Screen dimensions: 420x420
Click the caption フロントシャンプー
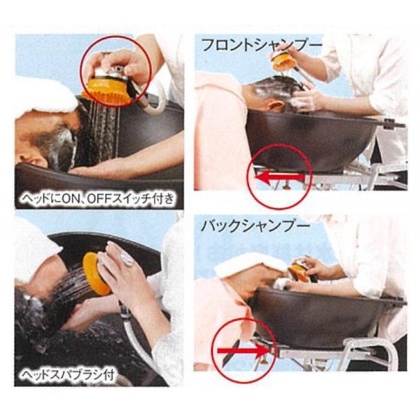coord(261,44)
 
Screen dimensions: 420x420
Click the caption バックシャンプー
coord(255,226)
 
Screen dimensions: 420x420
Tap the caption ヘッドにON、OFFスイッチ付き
coord(98,199)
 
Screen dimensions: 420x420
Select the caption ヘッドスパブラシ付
coord(68,374)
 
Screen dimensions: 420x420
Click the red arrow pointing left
coord(280,177)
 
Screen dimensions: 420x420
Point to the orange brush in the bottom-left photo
coord(97,273)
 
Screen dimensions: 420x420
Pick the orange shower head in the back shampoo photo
coord(299,271)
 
